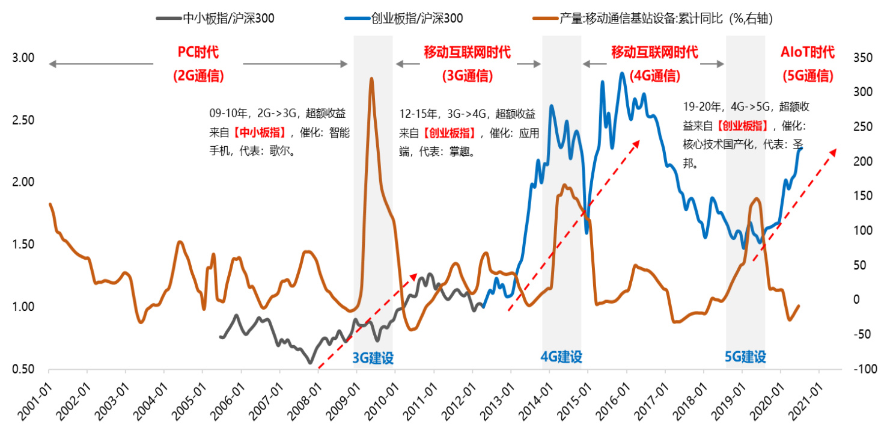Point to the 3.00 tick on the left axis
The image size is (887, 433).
point(24,58)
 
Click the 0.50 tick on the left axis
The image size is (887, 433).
point(24,369)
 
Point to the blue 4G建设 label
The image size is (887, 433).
point(561,357)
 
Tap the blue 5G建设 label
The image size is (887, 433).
point(745,357)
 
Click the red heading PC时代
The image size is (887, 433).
point(198,52)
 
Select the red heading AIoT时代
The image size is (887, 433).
point(807,52)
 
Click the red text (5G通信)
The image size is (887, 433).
point(807,76)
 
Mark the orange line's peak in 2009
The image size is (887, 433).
point(371,78)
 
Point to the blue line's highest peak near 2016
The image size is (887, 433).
point(622,73)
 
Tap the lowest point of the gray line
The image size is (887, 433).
point(311,363)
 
